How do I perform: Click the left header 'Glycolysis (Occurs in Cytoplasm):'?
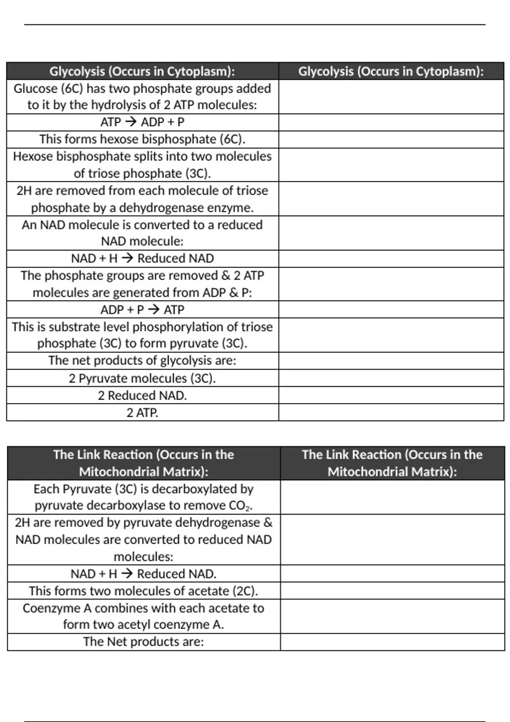[142, 71]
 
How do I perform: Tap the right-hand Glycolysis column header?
[391, 71]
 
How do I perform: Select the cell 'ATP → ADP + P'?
[142, 122]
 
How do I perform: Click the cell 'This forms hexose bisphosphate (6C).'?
[142, 139]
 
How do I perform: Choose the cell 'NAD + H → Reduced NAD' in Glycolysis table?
[142, 258]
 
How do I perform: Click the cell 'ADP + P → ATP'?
[142, 310]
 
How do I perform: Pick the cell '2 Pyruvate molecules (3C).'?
[142, 378]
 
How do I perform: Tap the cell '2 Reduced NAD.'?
[142, 395]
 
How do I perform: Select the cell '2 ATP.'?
[142, 412]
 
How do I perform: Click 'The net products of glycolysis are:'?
[142, 361]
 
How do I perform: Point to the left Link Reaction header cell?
[144, 463]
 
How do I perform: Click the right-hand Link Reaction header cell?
[392, 463]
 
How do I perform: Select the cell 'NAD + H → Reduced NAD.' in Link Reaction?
[144, 574]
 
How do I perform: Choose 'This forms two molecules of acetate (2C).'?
[144, 591]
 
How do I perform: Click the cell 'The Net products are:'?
[144, 642]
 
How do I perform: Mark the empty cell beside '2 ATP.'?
[391, 412]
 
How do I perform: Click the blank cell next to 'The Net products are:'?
[392, 642]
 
